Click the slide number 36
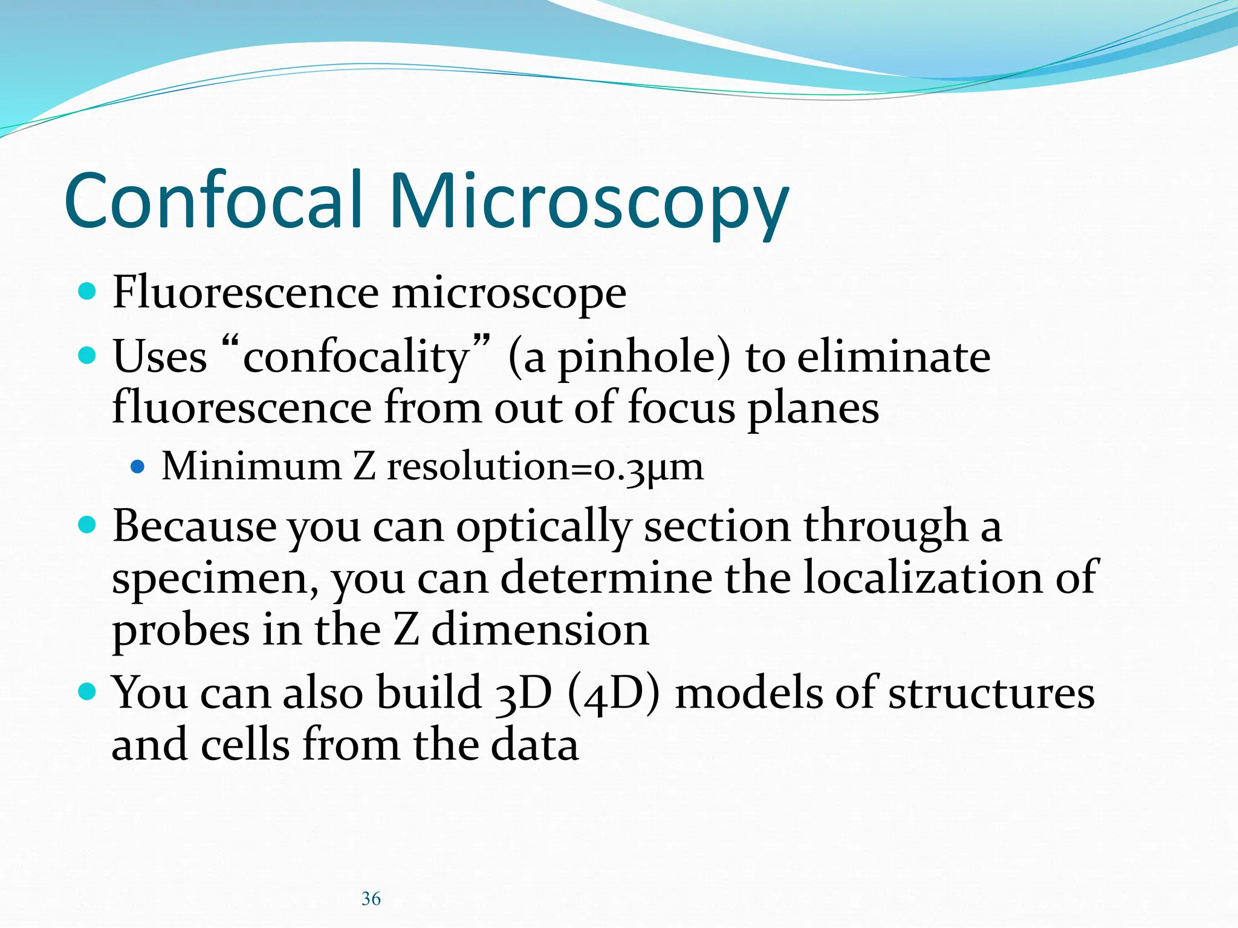pyautogui.click(x=371, y=899)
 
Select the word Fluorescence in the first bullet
pyautogui.click(x=245, y=292)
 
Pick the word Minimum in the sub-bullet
pyautogui.click(x=251, y=466)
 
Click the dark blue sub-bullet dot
pyautogui.click(x=138, y=467)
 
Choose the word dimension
pyautogui.click(x=540, y=630)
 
